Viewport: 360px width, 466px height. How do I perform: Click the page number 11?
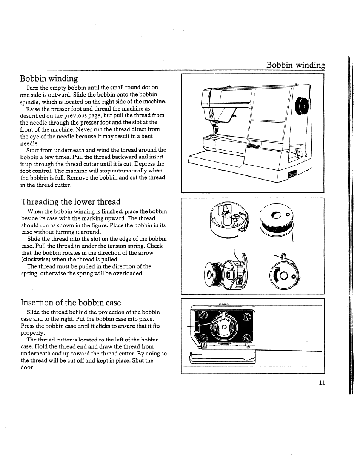click(322, 383)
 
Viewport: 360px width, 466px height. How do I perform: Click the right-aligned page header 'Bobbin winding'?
click(295, 65)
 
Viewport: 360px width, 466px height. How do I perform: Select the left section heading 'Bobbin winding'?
click(49, 78)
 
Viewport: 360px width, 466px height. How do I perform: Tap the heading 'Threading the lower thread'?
click(71, 202)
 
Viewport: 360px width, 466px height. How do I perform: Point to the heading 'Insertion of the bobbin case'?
click(71, 303)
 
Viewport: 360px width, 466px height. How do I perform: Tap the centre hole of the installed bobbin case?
click(224, 327)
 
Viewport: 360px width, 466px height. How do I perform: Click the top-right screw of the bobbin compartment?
click(247, 317)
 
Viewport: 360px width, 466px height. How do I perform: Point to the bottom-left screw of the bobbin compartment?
click(203, 338)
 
